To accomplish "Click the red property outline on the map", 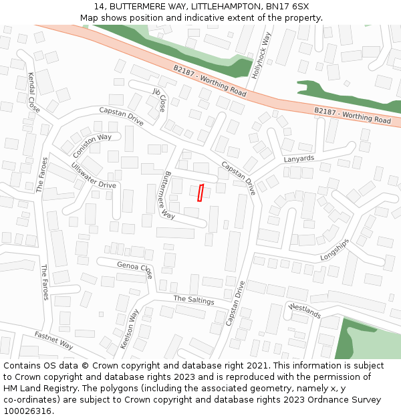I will pyautogui.click(x=200, y=193).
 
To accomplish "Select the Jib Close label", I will pyautogui.click(x=159, y=99).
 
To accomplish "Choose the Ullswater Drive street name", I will pyautogui.click(x=94, y=175).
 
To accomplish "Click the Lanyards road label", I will pyautogui.click(x=298, y=159).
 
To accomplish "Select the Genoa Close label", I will pyautogui.click(x=135, y=269).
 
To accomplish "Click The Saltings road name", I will pyautogui.click(x=194, y=300).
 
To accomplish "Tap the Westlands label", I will pyautogui.click(x=305, y=310).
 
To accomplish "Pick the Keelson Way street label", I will pyautogui.click(x=128, y=328).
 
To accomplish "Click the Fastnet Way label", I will pyautogui.click(x=54, y=340).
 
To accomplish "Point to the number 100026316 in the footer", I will pyautogui.click(x=27, y=411).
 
